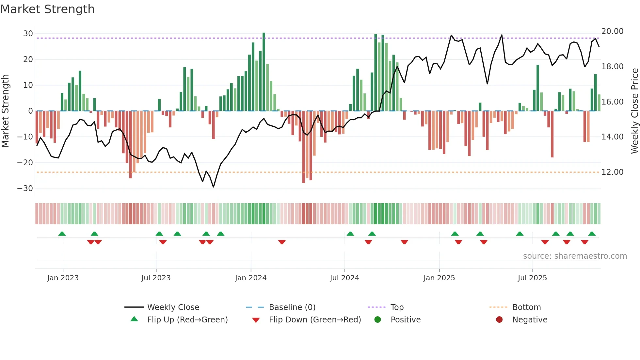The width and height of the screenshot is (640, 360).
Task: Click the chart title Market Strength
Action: point(47,9)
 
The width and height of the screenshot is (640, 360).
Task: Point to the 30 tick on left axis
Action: point(28,34)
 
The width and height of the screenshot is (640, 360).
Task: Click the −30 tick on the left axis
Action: point(25,188)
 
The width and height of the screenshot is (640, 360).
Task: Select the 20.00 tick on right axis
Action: point(612,31)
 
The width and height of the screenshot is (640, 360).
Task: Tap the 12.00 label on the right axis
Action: point(612,172)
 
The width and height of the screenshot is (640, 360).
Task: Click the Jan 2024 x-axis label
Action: point(250,278)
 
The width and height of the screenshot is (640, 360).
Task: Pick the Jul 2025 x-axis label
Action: point(532,278)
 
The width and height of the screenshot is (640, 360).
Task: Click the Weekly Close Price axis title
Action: point(634,111)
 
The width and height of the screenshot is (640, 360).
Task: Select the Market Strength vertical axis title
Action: point(6,111)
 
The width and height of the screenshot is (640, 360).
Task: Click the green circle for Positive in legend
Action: point(377,320)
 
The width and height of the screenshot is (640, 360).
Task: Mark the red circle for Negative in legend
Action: point(499,320)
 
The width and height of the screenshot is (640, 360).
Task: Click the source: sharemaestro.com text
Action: point(575,256)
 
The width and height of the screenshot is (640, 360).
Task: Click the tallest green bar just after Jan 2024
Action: point(264,72)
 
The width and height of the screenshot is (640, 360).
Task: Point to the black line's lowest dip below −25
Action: point(214,187)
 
